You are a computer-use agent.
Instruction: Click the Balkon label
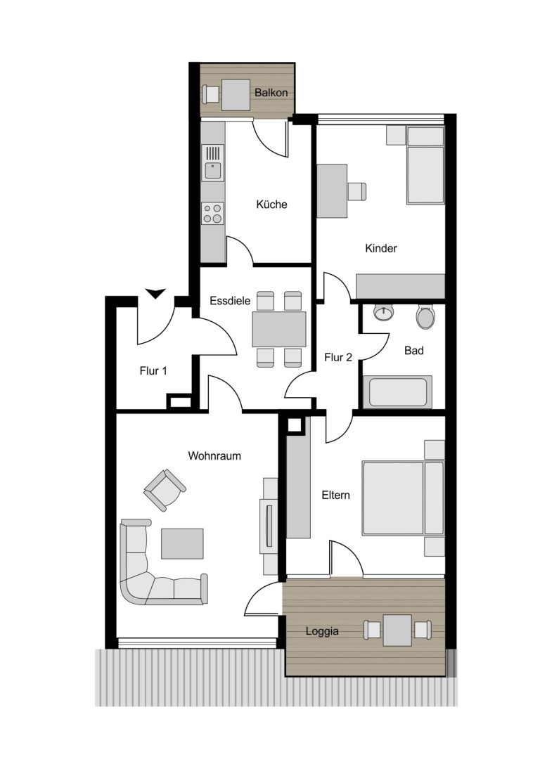click(271, 93)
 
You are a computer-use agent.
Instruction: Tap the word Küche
click(271, 204)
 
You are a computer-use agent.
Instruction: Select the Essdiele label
click(229, 301)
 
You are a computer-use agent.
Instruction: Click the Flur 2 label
click(337, 358)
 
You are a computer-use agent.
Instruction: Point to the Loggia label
click(322, 631)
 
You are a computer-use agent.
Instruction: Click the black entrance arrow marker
click(156, 293)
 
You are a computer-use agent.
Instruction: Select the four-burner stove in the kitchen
click(213, 214)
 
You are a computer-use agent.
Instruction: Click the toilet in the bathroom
click(425, 317)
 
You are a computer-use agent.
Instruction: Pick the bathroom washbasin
click(384, 312)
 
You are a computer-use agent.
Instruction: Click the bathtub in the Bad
click(398, 391)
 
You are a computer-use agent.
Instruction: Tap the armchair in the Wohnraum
click(165, 490)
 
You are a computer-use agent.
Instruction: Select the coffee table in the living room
click(182, 544)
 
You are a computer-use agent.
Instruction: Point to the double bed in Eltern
click(403, 498)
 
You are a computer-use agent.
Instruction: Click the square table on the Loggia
click(398, 630)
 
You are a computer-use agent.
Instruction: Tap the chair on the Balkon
click(211, 94)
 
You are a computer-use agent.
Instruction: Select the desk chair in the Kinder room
click(357, 191)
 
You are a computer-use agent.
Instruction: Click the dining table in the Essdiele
click(278, 330)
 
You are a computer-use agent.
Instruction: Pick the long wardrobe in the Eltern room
click(298, 478)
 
